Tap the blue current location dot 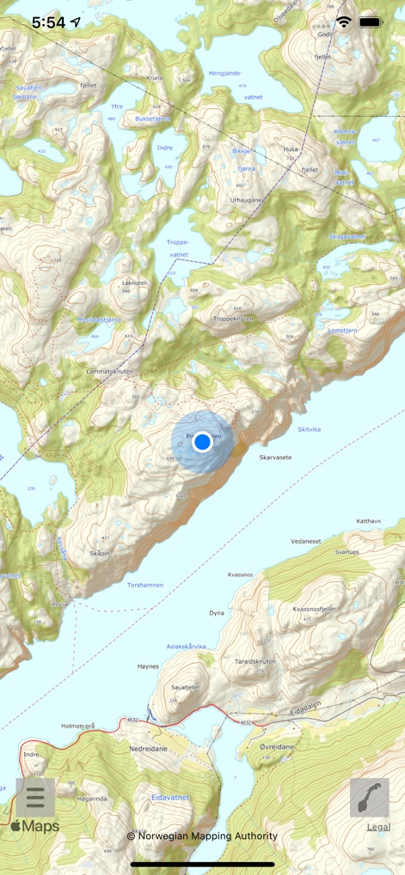202,441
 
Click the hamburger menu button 35,797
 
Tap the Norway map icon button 370,797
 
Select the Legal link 378,827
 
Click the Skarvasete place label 275,458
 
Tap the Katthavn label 368,521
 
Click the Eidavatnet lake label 169,798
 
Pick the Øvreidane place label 277,747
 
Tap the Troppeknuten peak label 233,319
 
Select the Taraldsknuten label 255,662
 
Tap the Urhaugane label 245,200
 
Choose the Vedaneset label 305,541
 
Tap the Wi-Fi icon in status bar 344,22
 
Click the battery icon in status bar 370,22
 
